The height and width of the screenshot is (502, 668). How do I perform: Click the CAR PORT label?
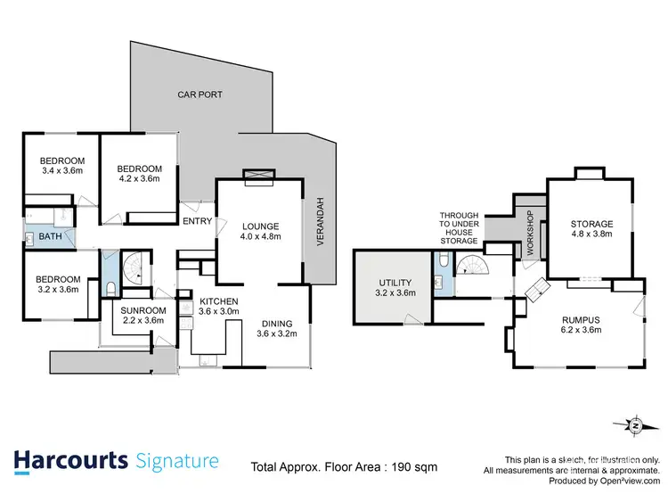(200, 94)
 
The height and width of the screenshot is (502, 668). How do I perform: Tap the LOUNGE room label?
(260, 226)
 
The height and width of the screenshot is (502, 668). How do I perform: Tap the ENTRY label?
(196, 222)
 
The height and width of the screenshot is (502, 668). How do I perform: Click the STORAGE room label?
(591, 224)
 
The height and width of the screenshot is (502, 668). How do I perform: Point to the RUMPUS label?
(580, 320)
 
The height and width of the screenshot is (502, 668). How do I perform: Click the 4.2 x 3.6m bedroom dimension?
(139, 178)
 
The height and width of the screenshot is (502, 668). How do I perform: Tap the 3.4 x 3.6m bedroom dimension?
(61, 170)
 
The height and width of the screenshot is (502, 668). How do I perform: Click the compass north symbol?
(634, 426)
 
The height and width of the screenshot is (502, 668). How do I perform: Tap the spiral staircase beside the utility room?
(472, 265)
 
